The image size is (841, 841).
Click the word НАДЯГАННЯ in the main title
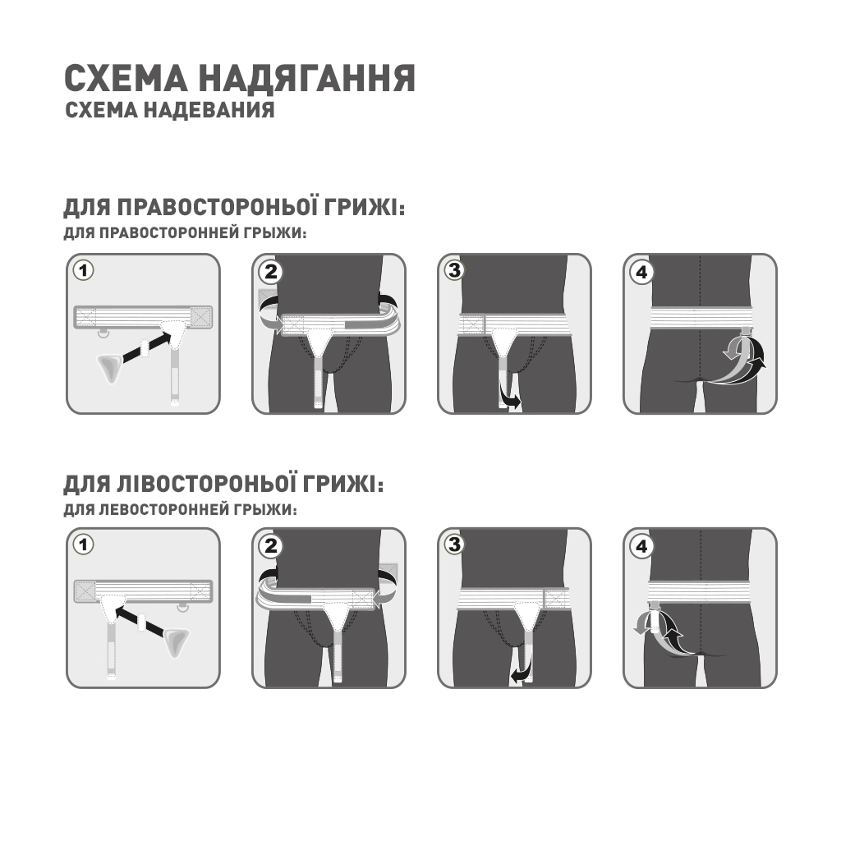[x=307, y=79]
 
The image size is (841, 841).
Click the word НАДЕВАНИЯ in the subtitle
[x=213, y=110]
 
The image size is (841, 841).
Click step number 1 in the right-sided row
[x=83, y=270]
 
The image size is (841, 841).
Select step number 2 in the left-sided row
[x=269, y=545]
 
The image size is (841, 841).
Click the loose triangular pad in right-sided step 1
[x=109, y=367]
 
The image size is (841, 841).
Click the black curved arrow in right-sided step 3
[x=511, y=400]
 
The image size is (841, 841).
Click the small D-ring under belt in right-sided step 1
[x=104, y=332]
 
